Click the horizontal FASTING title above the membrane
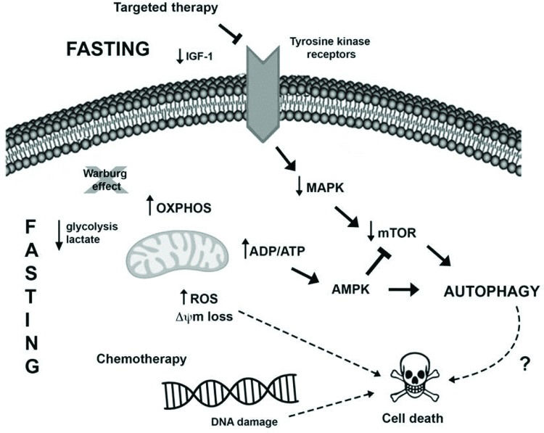pos(108,49)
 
